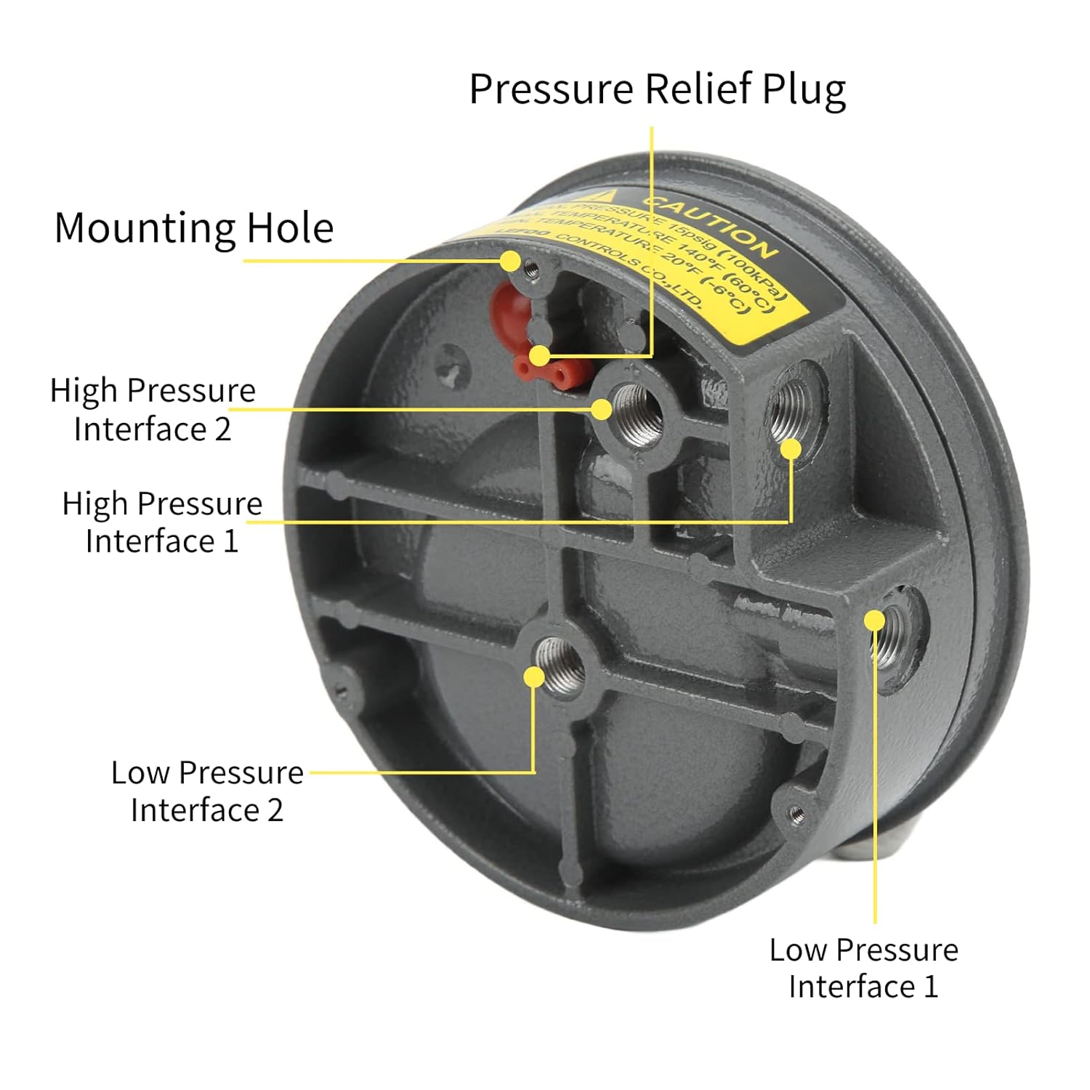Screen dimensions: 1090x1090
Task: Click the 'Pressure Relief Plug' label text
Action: (x=657, y=89)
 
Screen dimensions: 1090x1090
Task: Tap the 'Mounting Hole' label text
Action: (x=194, y=227)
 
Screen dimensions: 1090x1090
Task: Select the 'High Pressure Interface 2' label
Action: (x=153, y=409)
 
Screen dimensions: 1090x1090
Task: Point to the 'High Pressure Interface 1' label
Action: (x=161, y=522)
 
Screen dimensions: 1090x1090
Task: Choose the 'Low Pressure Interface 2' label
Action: (x=207, y=791)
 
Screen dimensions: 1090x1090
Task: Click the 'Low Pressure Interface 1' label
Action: (x=864, y=968)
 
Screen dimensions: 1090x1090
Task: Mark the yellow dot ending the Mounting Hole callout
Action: (x=511, y=260)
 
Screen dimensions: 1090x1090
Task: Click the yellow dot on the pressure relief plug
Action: (x=539, y=355)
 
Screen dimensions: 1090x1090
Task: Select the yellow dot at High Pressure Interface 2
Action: (x=601, y=409)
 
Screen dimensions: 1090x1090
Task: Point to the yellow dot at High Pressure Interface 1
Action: (x=791, y=449)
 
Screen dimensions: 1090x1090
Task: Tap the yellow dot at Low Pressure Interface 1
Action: (x=875, y=621)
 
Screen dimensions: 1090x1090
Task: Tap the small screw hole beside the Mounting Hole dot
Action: (x=533, y=270)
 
